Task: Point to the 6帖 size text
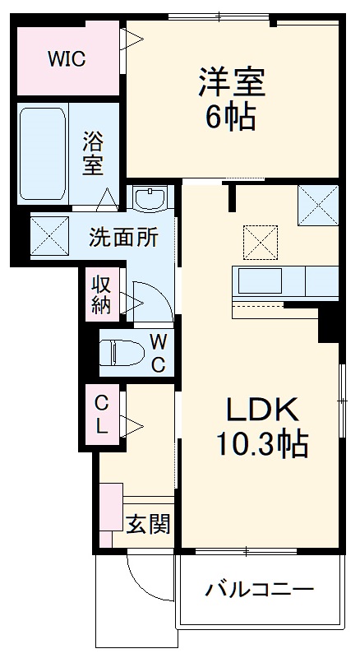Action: coord(230,118)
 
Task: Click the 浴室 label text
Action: coord(93,152)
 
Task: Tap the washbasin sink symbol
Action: coord(150,200)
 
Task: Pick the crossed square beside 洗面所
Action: coord(49,236)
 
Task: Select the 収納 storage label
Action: coord(101,294)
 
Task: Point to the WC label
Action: coord(159,353)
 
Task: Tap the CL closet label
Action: coord(101,415)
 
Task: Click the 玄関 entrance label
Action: coord(148,523)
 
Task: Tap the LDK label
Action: coord(261,409)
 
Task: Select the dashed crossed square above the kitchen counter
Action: coord(261,242)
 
